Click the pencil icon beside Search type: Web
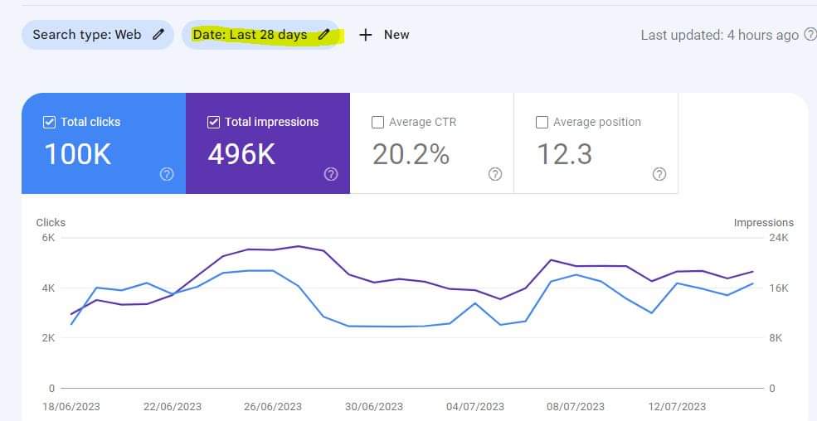point(158,34)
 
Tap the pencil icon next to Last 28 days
point(324,34)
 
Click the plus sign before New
point(366,35)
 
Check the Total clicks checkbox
point(49,123)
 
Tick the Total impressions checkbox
point(213,123)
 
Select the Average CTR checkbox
point(377,123)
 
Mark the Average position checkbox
point(542,123)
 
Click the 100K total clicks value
point(78,154)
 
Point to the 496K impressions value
point(241,154)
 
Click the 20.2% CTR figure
point(411,154)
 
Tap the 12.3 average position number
point(564,154)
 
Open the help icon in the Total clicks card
point(167,174)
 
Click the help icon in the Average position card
point(659,174)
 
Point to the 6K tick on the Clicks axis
point(48,238)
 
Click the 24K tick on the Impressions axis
point(779,238)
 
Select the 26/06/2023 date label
point(272,406)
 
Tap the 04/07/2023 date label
point(475,406)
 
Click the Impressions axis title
point(764,223)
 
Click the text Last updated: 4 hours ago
point(720,36)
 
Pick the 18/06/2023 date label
point(71,406)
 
